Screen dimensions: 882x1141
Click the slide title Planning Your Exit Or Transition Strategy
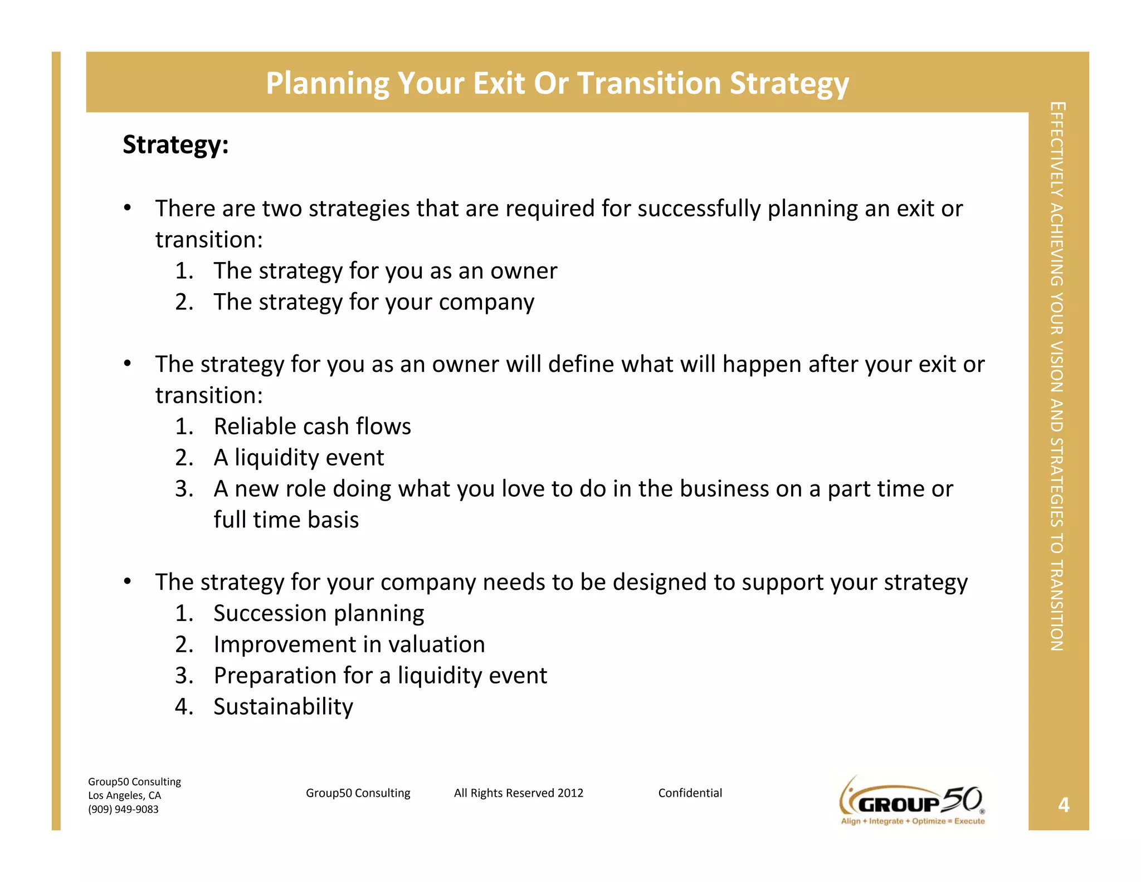(x=557, y=84)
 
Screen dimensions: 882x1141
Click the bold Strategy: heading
(x=175, y=145)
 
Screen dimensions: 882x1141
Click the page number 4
(x=1064, y=805)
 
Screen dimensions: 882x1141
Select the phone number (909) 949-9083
(x=123, y=810)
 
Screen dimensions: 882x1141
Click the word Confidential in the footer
(x=690, y=793)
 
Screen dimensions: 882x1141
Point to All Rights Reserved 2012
(x=518, y=793)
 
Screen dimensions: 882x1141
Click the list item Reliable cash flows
(x=312, y=427)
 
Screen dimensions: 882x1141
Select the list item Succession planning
(x=319, y=613)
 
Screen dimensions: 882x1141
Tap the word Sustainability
(x=283, y=707)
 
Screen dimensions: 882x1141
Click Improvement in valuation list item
(x=349, y=644)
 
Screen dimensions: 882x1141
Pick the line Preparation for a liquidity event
(x=380, y=676)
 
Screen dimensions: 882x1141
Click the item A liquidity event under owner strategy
(x=299, y=458)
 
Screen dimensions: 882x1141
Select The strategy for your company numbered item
(x=374, y=302)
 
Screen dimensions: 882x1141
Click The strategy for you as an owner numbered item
(x=385, y=271)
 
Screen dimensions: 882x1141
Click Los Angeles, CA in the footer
(x=124, y=796)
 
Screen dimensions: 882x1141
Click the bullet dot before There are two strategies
(x=128, y=208)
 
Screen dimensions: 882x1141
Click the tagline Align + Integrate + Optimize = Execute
(x=913, y=821)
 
